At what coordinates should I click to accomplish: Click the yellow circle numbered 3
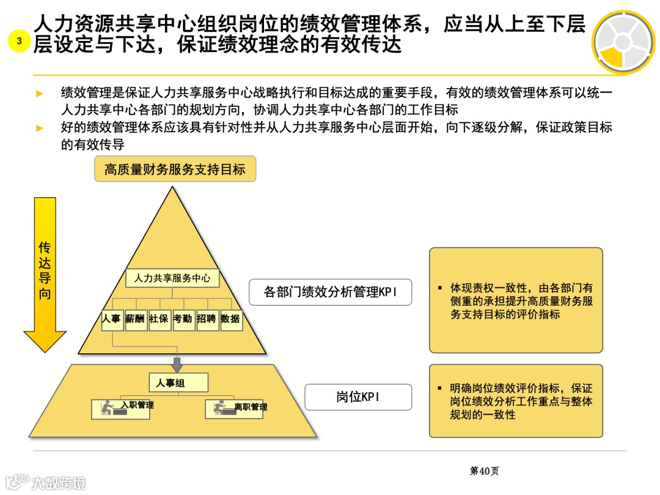(19, 41)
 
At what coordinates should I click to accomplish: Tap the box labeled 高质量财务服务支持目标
(175, 169)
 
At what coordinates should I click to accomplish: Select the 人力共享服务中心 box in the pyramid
(172, 278)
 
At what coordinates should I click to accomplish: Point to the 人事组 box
(178, 383)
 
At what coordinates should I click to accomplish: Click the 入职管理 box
(120, 409)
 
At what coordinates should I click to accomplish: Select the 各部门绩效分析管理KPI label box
(330, 293)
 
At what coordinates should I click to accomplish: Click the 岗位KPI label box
(358, 397)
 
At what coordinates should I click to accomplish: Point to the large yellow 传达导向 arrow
(45, 275)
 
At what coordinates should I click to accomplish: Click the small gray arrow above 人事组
(177, 364)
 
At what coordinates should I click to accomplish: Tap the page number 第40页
(484, 471)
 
